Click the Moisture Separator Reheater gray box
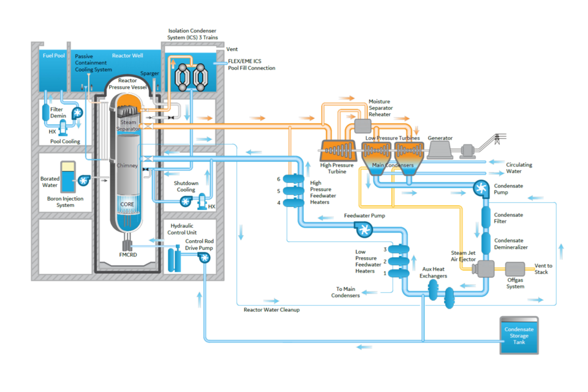tap(364, 125)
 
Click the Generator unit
tap(440, 148)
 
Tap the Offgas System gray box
tap(515, 269)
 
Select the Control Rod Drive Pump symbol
tap(203, 258)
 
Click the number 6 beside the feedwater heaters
tap(278, 179)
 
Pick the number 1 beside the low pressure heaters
tap(385, 273)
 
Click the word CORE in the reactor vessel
tap(127, 204)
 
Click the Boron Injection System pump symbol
tap(83, 180)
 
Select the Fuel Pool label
tap(53, 56)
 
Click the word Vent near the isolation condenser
tap(232, 49)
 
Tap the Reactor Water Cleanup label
tap(271, 310)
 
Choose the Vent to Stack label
tap(543, 268)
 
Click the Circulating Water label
tap(519, 168)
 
